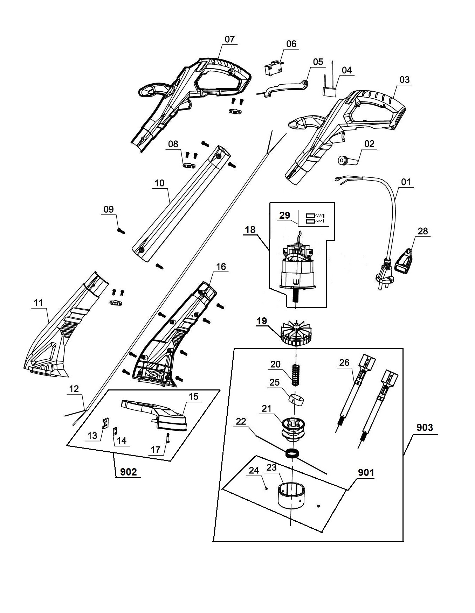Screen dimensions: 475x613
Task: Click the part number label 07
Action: pos(229,39)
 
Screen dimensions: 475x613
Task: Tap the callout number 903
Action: pos(425,427)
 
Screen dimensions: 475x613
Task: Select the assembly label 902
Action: pos(128,472)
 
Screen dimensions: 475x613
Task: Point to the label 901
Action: pos(366,473)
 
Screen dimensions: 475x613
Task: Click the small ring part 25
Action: pos(296,399)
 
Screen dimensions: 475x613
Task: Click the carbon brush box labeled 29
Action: pos(314,218)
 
